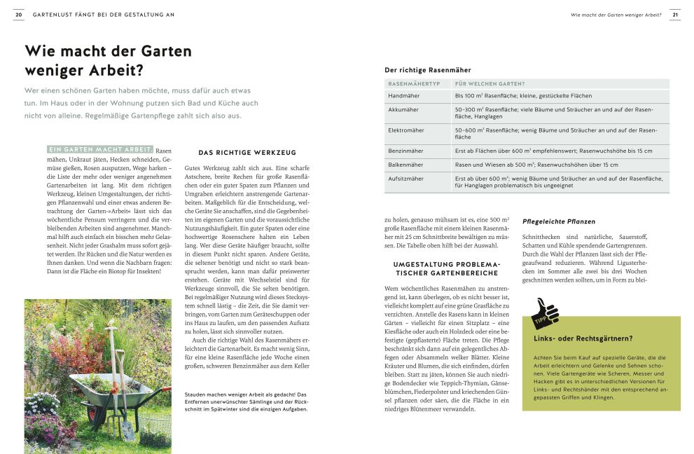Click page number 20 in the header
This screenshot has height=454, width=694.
pyautogui.click(x=18, y=14)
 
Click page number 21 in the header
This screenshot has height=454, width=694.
pyautogui.click(x=674, y=14)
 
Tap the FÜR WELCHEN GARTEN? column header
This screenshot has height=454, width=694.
pyautogui.click(x=490, y=83)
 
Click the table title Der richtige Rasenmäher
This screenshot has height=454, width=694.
pyautogui.click(x=427, y=70)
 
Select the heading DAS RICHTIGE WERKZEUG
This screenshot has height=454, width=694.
pyautogui.click(x=247, y=152)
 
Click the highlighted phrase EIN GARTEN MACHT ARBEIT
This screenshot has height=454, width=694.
pyautogui.click(x=100, y=149)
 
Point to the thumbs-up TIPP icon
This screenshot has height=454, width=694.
pyautogui.click(x=546, y=313)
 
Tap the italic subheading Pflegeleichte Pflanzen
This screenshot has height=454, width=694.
pyautogui.click(x=559, y=221)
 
